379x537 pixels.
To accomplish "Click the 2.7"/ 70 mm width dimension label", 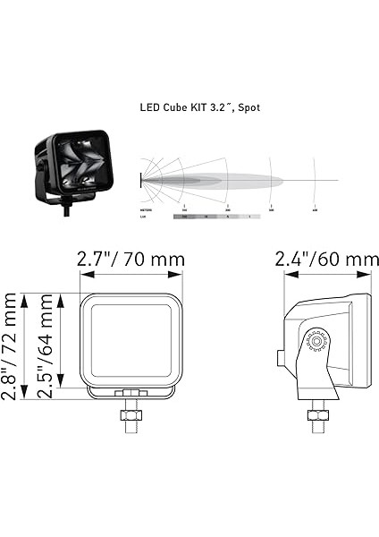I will tap(131, 260).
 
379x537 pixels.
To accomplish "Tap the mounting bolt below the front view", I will tap(131, 419).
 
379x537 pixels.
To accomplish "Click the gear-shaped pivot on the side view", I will tap(315, 341).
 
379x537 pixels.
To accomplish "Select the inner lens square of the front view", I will tap(131, 341).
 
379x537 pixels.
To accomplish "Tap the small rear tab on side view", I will tap(280, 358).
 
